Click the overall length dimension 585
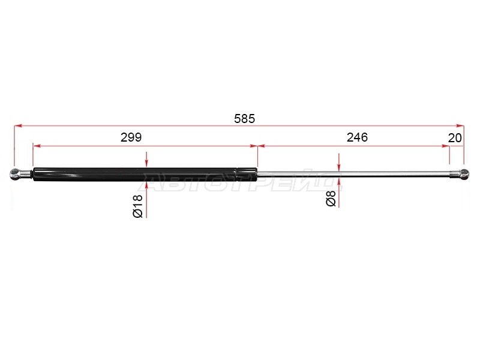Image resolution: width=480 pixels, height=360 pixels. coord(244,118)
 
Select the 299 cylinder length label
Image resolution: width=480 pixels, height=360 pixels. coord(131,137)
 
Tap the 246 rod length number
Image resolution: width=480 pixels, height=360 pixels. coord(357,137)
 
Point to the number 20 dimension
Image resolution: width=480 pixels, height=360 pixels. coord(455,138)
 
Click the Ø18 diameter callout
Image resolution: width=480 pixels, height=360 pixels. coord(138,206)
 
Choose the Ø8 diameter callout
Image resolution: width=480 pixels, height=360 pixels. coord(331,198)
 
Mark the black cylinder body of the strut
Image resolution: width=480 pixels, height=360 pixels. coord(134,174)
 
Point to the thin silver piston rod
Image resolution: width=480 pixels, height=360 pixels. coord(353,174)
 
